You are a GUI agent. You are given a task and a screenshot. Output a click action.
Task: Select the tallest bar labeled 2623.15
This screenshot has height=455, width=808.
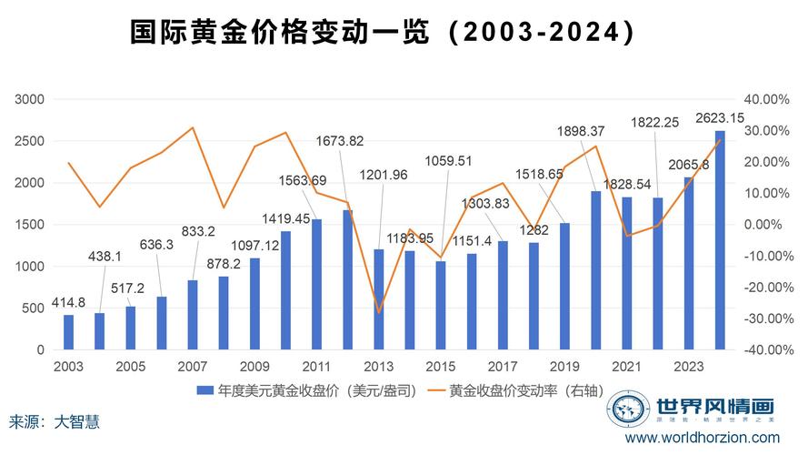tap(720, 239)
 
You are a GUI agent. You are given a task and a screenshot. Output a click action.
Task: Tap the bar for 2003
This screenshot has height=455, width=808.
tap(68, 332)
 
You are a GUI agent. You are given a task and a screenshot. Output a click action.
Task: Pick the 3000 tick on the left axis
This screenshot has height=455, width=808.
tap(30, 99)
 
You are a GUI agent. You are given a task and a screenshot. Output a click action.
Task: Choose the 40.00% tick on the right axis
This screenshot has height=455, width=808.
tap(764, 99)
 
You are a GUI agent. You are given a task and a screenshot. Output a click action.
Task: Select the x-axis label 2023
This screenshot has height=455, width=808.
tap(686, 367)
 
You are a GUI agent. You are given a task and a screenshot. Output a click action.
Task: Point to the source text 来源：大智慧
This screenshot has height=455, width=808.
tap(55, 422)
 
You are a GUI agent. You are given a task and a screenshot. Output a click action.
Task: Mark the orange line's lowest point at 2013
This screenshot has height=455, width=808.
tap(379, 312)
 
